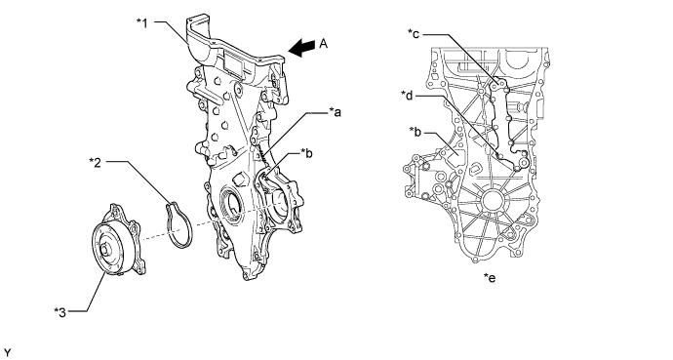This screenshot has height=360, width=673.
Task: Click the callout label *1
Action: tap(142, 23)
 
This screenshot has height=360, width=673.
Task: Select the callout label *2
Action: tap(96, 162)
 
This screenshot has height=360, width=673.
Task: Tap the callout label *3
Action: tap(60, 312)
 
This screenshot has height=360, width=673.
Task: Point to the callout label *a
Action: tap(335, 112)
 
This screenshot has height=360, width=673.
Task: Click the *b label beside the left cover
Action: tap(306, 153)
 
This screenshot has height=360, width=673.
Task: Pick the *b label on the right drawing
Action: tap(416, 132)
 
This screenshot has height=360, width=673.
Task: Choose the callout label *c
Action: tap(414, 33)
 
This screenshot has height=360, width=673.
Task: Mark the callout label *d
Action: tap(407, 95)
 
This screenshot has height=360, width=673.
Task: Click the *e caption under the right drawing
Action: tap(490, 278)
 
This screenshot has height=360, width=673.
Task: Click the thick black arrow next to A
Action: tap(301, 48)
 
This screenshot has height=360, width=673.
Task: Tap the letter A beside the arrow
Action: tap(324, 43)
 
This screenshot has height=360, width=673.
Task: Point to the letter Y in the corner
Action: tap(7, 353)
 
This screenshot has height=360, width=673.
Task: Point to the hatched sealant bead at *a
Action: tap(263, 157)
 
